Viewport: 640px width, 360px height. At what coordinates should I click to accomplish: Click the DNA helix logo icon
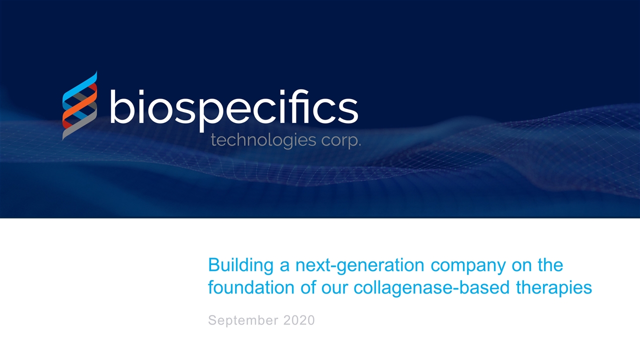(79, 105)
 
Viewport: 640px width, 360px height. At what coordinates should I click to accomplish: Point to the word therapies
(556, 288)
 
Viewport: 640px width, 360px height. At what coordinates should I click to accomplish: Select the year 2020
(298, 320)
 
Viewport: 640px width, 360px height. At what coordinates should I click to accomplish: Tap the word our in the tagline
(337, 288)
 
